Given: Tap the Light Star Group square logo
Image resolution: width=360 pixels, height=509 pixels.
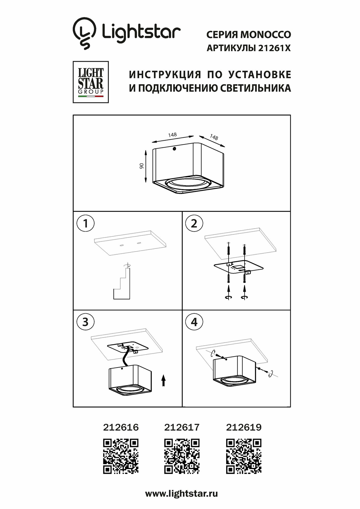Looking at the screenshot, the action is (91, 82).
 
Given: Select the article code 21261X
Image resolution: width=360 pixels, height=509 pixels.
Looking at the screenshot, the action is (274, 48).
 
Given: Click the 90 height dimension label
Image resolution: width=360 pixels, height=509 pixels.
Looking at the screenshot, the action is (142, 166).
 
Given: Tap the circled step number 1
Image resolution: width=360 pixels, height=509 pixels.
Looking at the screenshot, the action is (85, 224).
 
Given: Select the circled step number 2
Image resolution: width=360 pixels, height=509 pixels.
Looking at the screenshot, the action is (194, 224).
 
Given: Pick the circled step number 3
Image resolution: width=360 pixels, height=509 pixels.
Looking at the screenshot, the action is (85, 322).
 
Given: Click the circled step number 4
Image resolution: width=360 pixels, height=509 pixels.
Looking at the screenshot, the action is (194, 322).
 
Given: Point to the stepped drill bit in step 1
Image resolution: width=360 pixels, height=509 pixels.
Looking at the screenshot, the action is (122, 282).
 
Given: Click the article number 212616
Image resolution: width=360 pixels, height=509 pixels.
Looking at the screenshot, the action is (121, 427).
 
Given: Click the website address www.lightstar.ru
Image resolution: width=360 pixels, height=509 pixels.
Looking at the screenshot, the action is (181, 494).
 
